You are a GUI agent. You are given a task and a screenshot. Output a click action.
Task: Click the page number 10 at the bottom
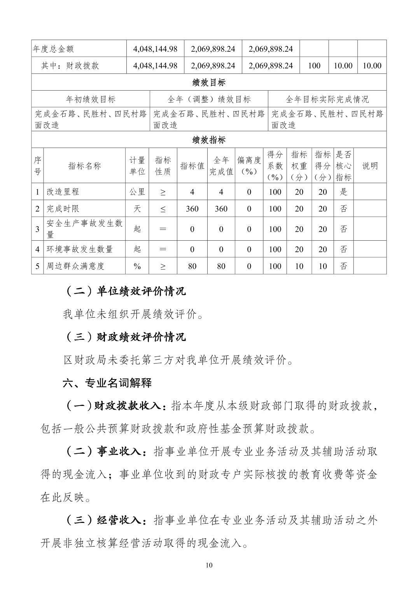(209, 565)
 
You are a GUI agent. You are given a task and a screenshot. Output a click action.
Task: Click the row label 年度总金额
(54, 49)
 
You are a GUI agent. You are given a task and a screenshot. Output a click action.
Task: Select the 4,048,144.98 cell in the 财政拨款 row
(155, 66)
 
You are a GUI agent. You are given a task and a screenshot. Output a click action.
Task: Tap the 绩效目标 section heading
(209, 82)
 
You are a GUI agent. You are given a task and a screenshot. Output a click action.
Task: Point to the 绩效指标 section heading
(209, 140)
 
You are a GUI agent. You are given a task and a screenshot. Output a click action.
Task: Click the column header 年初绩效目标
(91, 99)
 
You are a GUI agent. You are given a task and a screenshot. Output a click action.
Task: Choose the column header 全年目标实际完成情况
(327, 99)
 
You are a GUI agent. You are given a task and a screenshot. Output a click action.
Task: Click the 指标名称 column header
(84, 166)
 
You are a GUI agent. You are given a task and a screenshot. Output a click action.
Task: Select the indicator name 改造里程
(63, 192)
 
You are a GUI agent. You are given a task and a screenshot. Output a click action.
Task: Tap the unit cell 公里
(137, 192)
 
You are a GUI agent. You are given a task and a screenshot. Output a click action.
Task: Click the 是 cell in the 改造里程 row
(343, 192)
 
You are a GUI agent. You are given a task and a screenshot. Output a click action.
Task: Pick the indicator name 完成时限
(63, 209)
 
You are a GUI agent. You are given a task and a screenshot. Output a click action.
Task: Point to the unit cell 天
(137, 209)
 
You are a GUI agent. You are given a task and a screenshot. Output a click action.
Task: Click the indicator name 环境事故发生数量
(80, 249)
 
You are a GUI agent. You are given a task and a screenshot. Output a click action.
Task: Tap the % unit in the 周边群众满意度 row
(137, 266)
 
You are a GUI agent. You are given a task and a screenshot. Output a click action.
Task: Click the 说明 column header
(370, 166)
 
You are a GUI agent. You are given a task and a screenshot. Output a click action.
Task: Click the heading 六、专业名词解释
(107, 383)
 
